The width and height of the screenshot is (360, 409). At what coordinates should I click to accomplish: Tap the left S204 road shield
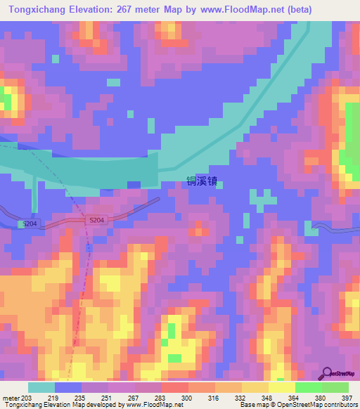[x=28, y=223]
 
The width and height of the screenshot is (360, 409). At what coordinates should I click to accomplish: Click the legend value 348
[x=268, y=397]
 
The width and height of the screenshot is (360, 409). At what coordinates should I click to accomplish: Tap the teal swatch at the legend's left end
[x=41, y=387]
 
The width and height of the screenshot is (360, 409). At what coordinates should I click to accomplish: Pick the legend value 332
[x=241, y=397]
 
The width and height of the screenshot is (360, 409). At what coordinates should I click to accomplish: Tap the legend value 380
[x=321, y=397]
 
